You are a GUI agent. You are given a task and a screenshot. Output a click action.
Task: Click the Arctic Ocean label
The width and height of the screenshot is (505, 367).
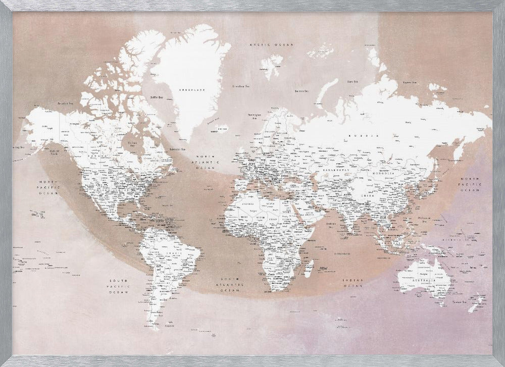click(272, 45)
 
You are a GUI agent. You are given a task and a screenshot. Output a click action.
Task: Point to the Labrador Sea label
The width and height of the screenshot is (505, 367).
click(176, 149)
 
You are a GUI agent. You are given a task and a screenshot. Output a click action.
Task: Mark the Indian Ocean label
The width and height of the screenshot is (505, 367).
click(353, 283)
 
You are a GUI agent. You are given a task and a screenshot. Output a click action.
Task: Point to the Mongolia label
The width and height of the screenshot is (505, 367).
click(378, 173)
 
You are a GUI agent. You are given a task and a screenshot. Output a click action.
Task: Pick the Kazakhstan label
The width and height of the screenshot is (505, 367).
click(330, 170)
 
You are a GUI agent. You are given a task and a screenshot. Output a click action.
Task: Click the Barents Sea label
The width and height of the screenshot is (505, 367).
click(301, 91)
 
